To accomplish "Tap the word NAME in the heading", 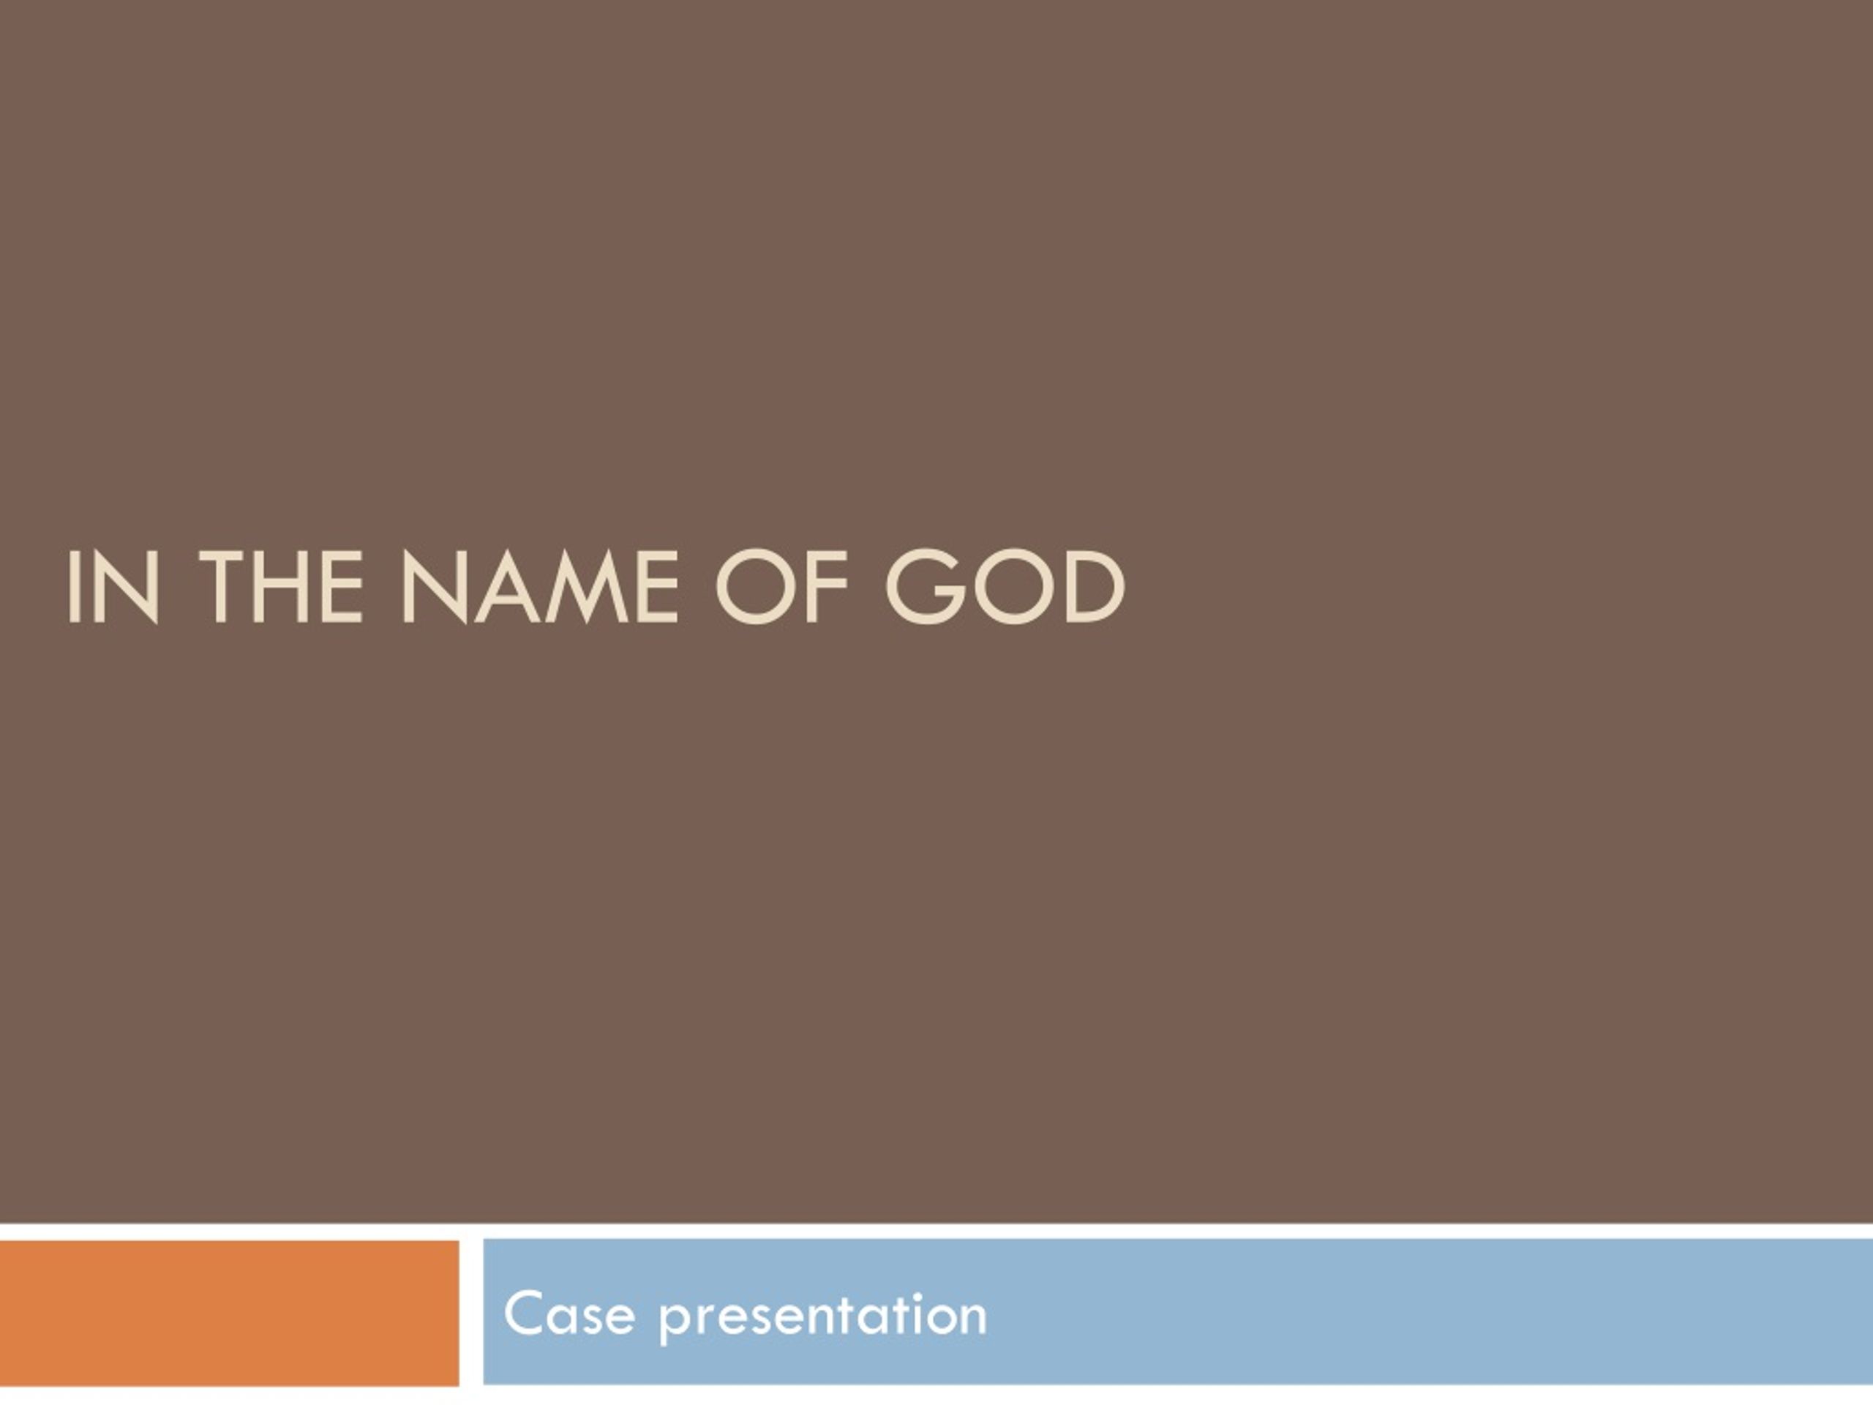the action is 539,587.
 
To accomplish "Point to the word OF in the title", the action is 781,587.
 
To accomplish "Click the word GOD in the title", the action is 1005,587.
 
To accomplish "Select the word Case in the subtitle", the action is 569,1314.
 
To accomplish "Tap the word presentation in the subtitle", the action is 823,1317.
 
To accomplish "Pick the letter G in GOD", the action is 926,587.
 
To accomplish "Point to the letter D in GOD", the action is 1095,587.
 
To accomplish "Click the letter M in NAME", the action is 587,587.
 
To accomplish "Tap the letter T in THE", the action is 224,587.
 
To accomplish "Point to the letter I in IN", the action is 73,587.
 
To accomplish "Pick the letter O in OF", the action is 754,587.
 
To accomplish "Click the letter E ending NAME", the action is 657,587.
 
